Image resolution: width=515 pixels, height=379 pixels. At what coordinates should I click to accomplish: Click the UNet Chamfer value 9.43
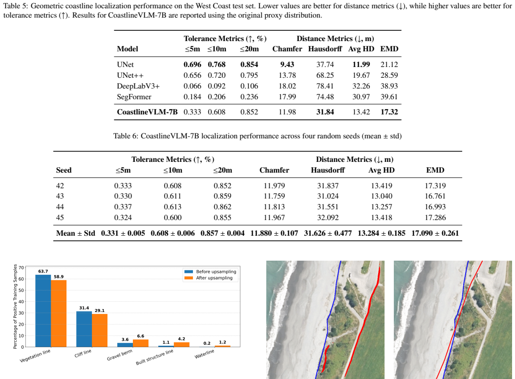pos(287,65)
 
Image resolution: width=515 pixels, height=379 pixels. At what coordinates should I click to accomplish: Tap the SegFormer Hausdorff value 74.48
pos(325,97)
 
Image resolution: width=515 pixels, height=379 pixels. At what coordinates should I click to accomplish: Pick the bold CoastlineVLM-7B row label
pos(147,112)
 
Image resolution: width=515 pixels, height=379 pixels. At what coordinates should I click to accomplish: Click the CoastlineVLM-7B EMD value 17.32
pos(389,112)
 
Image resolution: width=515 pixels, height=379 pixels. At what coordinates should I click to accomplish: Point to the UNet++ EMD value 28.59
pos(389,75)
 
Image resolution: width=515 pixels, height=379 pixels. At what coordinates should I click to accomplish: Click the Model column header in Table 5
pos(128,49)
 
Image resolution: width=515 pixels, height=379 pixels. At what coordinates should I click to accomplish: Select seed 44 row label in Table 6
pos(60,207)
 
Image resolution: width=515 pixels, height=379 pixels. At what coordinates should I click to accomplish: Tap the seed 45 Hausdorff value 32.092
pos(328,218)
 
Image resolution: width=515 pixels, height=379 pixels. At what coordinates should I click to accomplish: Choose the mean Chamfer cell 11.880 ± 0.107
pos(274,233)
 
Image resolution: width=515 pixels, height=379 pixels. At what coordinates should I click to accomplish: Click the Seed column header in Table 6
pos(64,170)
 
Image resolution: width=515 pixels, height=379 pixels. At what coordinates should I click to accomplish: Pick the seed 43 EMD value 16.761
pos(435,196)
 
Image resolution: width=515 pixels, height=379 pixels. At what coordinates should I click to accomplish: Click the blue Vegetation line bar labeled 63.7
pos(43,311)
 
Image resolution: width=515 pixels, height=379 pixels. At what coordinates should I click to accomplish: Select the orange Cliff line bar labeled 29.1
pos(100,331)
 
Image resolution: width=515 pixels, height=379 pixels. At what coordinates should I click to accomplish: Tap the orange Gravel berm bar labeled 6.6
pos(141,343)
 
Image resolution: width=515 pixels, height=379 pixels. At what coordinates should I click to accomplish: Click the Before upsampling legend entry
pos(210,271)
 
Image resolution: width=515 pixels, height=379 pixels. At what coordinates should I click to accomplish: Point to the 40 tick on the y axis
pos(21,302)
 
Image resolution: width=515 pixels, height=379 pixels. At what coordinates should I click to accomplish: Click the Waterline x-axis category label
pos(204,354)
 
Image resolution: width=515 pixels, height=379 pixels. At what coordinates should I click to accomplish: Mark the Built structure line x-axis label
pos(154,357)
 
